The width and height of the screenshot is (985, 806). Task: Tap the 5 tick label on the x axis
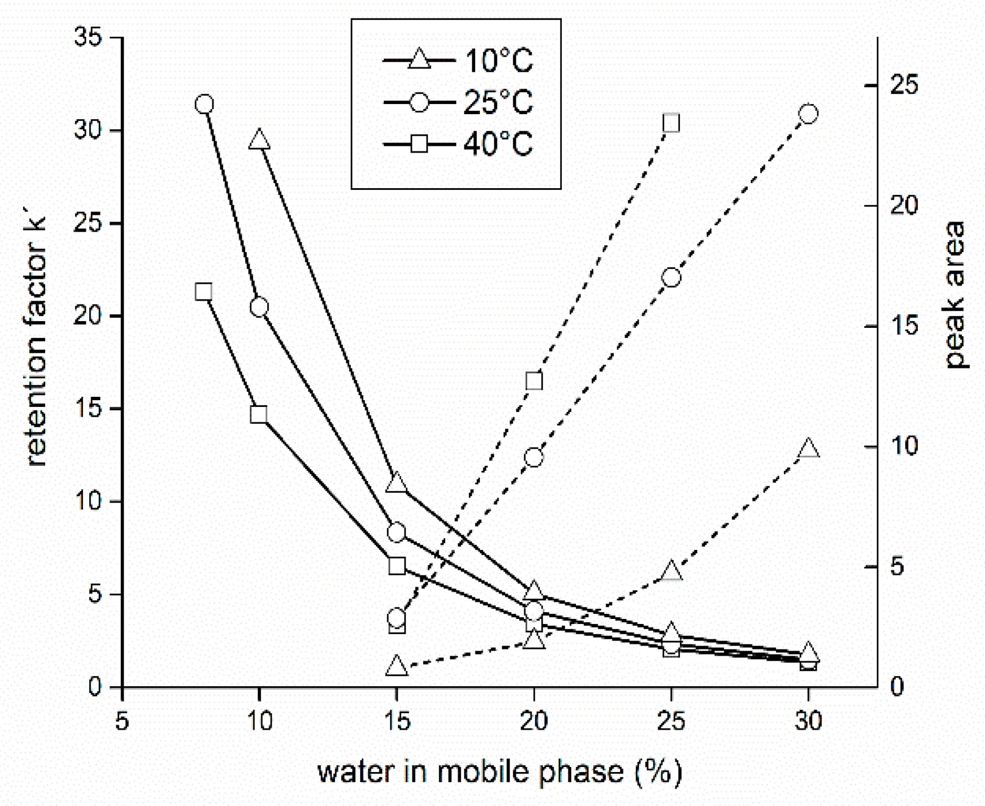click(122, 722)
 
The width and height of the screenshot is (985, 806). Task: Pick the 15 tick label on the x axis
click(397, 722)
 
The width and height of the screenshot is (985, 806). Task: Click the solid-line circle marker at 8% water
click(204, 104)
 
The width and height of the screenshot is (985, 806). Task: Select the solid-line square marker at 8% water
click(203, 292)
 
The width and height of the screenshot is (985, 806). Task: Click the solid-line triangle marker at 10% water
click(259, 140)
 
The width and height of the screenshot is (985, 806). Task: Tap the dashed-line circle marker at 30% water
click(809, 114)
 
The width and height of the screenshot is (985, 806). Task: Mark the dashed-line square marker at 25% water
click(671, 123)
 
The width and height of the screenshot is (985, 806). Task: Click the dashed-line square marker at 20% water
click(534, 382)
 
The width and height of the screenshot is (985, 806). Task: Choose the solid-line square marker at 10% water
click(259, 414)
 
